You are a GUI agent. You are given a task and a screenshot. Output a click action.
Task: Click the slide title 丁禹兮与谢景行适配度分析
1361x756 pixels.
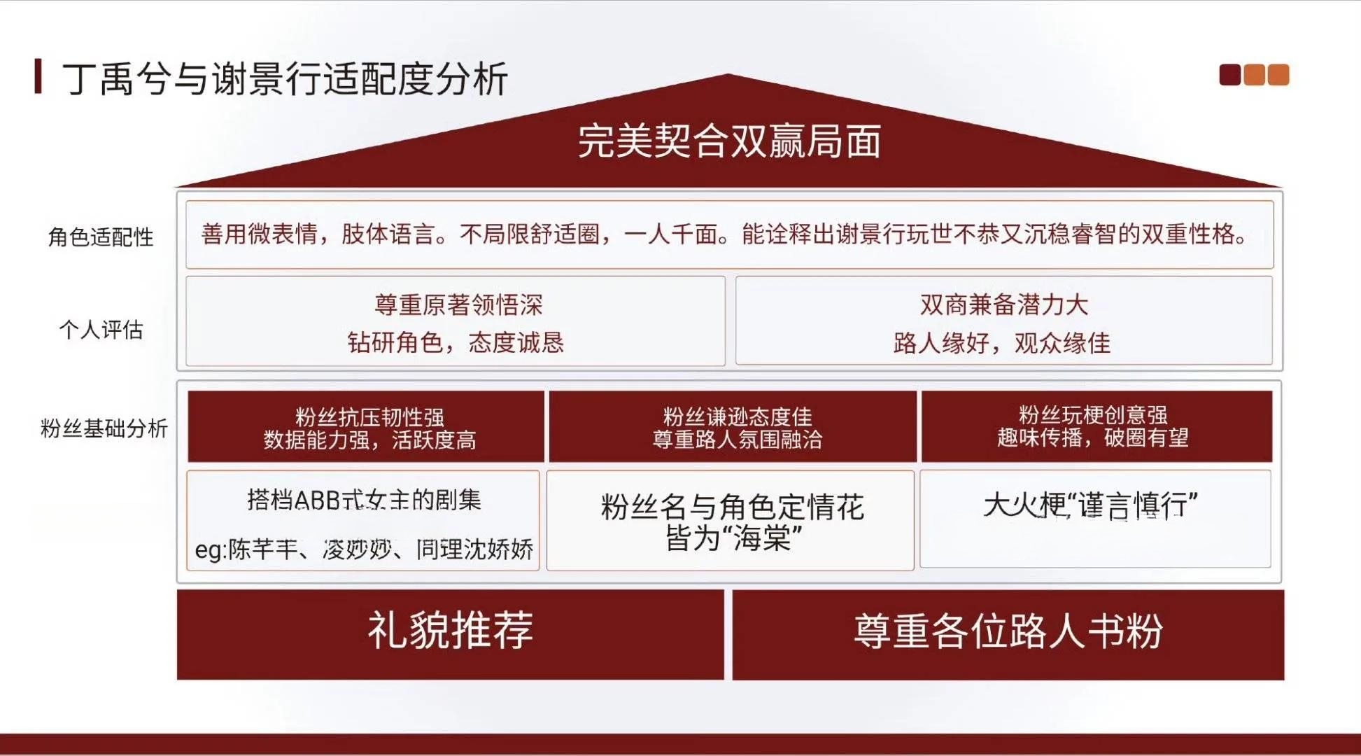click(x=285, y=78)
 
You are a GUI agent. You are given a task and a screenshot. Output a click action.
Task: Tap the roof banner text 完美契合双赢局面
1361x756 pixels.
click(x=728, y=141)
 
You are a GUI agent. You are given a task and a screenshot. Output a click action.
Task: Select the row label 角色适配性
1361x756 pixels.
click(x=101, y=237)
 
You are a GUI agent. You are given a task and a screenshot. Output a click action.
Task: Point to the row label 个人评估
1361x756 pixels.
click(x=101, y=329)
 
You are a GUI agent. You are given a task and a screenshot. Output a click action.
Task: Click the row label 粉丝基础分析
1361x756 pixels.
click(x=104, y=428)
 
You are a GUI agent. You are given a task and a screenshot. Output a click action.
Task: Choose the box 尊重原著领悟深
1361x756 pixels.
click(x=456, y=321)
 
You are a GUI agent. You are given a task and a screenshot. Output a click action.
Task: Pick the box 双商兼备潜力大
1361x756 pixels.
click(x=1003, y=321)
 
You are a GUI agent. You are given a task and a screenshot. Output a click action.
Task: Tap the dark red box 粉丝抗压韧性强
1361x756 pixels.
click(x=366, y=426)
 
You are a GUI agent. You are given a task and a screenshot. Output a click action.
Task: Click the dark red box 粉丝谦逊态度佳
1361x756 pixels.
click(x=733, y=426)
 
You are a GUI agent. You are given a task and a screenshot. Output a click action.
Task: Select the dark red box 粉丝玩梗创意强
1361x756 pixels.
click(x=1096, y=426)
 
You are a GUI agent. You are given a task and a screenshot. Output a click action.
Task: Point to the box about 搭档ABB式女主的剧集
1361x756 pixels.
click(x=363, y=520)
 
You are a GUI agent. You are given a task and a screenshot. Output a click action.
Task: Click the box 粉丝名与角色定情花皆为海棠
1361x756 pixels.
click(x=731, y=520)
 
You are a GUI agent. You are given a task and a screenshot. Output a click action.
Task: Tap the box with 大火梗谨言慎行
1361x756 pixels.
click(x=1095, y=519)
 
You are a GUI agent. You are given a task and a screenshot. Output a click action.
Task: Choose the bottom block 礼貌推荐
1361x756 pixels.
click(x=451, y=634)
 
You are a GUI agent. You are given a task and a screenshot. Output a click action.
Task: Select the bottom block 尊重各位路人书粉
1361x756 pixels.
click(x=1008, y=634)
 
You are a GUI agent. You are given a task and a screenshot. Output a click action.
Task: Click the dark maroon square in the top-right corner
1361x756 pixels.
click(x=1229, y=75)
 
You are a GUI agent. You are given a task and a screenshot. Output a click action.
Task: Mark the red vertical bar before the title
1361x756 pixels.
click(x=38, y=76)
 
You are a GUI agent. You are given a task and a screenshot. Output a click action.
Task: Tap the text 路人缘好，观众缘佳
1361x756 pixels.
click(x=1002, y=343)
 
